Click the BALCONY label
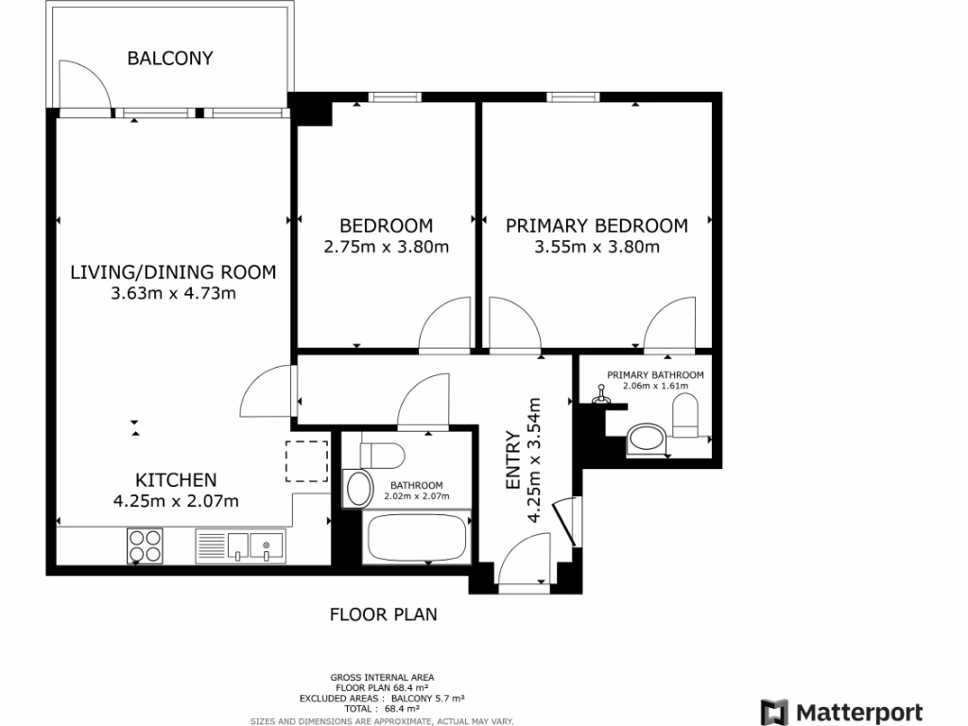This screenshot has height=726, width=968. [x=170, y=59]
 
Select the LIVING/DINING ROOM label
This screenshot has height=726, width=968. [x=174, y=272]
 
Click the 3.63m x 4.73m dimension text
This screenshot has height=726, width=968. [x=173, y=293]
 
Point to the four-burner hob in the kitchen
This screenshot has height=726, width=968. [x=145, y=545]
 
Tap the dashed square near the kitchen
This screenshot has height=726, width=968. [x=307, y=461]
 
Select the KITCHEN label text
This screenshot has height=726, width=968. [x=176, y=479]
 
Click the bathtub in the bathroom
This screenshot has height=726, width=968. [x=417, y=537]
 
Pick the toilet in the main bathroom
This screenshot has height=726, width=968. [x=382, y=453]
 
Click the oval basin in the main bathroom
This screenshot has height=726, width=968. [x=359, y=489]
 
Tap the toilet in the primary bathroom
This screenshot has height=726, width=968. [x=687, y=417]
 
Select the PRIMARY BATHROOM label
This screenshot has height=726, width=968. [x=655, y=375]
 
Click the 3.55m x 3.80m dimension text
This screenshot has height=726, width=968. [x=596, y=248]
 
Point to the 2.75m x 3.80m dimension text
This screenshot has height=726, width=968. [x=386, y=248]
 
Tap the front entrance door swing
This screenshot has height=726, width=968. [x=523, y=562]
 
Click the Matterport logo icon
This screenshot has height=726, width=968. [x=774, y=712]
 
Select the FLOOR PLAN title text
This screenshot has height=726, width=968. [x=383, y=614]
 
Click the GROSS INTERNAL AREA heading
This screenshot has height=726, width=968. [x=382, y=677]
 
